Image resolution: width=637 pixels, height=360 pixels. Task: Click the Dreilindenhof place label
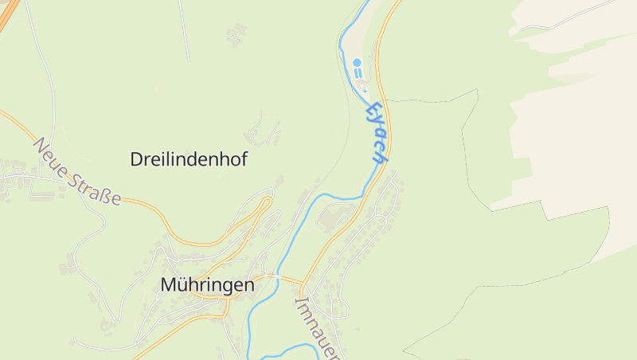tap(189, 159)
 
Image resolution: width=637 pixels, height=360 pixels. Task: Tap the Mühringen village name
tap(207, 284)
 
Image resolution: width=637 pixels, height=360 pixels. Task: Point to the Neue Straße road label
tap(77, 171)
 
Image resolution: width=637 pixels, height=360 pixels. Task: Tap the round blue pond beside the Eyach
tap(357, 62)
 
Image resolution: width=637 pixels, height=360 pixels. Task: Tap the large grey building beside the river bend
tap(329, 217)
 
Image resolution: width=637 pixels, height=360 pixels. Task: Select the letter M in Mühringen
tap(169, 284)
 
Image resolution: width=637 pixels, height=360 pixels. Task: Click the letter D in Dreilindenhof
tap(137, 159)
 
